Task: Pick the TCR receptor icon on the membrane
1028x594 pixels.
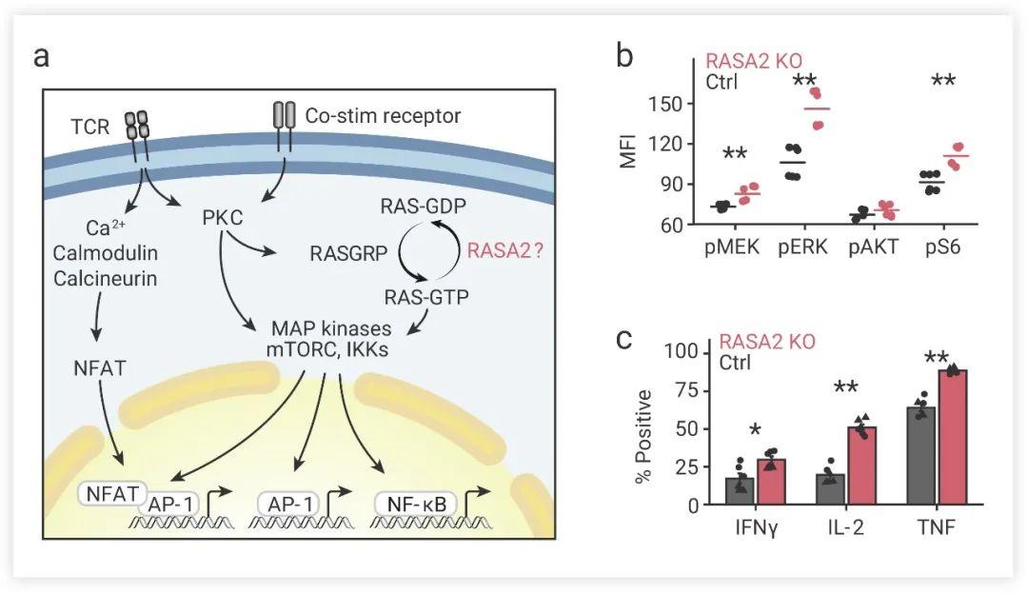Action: coord(137,124)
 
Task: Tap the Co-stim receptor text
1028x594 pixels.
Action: coord(383,116)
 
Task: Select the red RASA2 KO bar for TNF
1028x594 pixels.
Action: coord(952,437)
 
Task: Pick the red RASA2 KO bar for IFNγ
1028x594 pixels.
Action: coord(770,482)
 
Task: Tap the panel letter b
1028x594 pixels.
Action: coord(625,55)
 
